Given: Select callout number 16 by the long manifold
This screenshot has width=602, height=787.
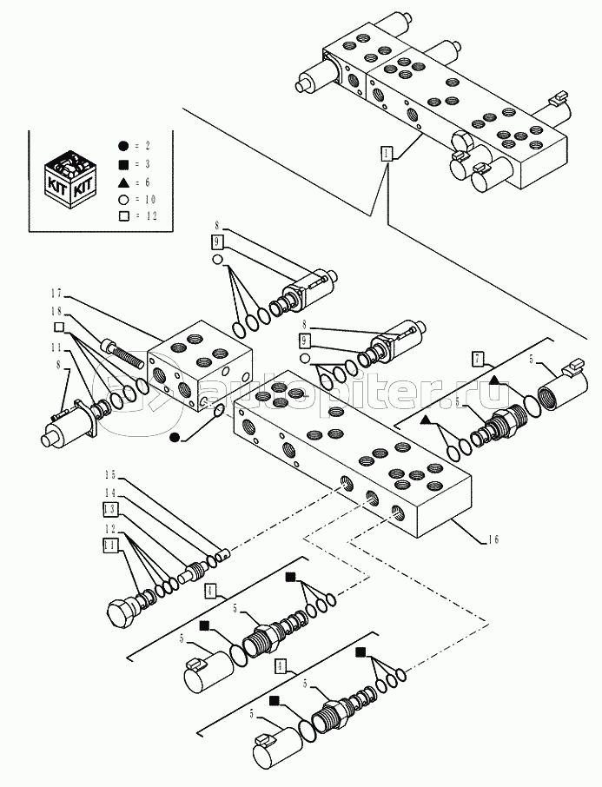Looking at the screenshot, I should point(492,539).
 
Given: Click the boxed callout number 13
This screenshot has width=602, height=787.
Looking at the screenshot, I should point(110,508).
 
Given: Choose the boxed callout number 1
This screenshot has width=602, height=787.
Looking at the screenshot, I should point(386,153).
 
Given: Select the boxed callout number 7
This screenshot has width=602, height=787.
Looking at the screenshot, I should point(478,358).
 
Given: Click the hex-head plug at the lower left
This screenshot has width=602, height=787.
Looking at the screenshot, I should point(122,613).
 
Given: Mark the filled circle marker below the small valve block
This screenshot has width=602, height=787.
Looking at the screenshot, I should point(175,437).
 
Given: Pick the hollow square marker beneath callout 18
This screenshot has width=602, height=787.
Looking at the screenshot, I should point(59,327).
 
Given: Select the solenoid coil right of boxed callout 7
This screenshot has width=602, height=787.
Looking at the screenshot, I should point(560,385).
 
